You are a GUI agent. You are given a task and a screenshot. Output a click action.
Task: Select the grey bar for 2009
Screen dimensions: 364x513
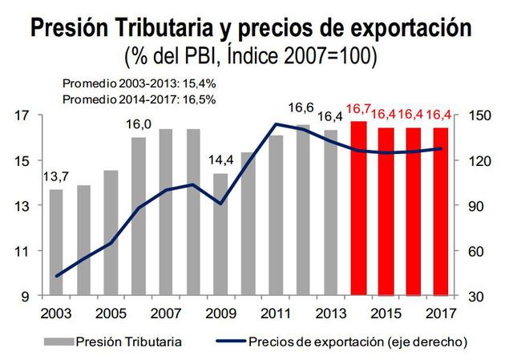[220, 234]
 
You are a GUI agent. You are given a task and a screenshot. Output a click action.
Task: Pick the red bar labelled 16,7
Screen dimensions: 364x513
[358, 208]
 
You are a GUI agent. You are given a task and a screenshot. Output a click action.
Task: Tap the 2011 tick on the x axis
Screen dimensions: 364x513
[276, 312]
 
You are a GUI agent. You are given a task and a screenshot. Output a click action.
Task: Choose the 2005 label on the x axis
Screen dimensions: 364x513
[111, 312]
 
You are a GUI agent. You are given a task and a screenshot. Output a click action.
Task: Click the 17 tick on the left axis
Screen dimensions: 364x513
[23, 115]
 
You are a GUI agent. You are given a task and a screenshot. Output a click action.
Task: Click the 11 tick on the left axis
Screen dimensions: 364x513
[23, 252]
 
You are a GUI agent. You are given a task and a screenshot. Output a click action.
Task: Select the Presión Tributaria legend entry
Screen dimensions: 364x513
[128, 342]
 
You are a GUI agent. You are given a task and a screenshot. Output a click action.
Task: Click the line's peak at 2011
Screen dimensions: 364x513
[276, 123]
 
